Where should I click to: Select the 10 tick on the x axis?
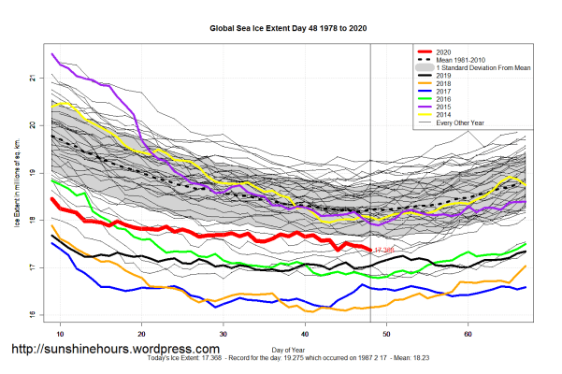pos(60,333)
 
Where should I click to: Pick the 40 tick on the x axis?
pos(306,333)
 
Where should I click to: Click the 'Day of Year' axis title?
pos(284,349)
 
